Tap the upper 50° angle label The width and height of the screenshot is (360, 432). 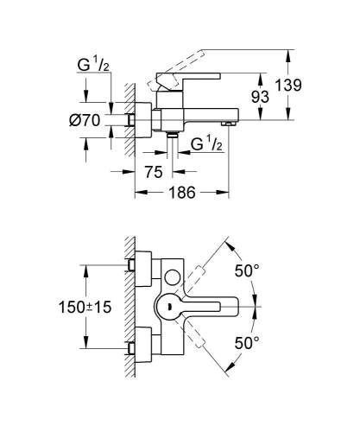point(248,270)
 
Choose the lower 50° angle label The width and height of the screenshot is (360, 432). point(248,344)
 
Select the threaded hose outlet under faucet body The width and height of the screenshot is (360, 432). point(174,136)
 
